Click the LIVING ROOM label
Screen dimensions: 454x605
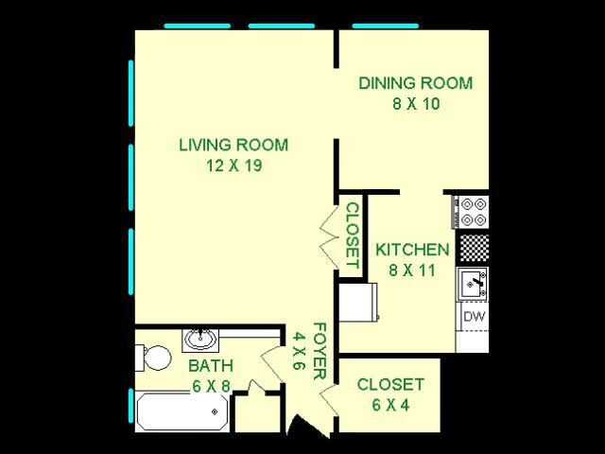pyautogui.click(x=233, y=146)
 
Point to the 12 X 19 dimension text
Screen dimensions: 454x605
pyautogui.click(x=233, y=166)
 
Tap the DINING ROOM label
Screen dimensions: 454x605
pyautogui.click(x=415, y=83)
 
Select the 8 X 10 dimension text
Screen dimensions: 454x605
pyautogui.click(x=415, y=103)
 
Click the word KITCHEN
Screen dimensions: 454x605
pyautogui.click(x=411, y=250)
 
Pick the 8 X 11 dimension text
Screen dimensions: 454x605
pyautogui.click(x=411, y=270)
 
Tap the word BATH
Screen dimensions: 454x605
pyautogui.click(x=210, y=365)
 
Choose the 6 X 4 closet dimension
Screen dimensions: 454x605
pyautogui.click(x=389, y=406)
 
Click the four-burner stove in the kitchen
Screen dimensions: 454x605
pyautogui.click(x=472, y=210)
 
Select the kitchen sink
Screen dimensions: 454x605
pyautogui.click(x=473, y=282)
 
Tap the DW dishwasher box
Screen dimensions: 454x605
pyautogui.click(x=473, y=317)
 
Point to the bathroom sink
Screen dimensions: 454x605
pyautogui.click(x=200, y=338)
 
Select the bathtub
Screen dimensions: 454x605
pyautogui.click(x=182, y=411)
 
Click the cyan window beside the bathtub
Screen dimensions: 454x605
pyautogui.click(x=130, y=406)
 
